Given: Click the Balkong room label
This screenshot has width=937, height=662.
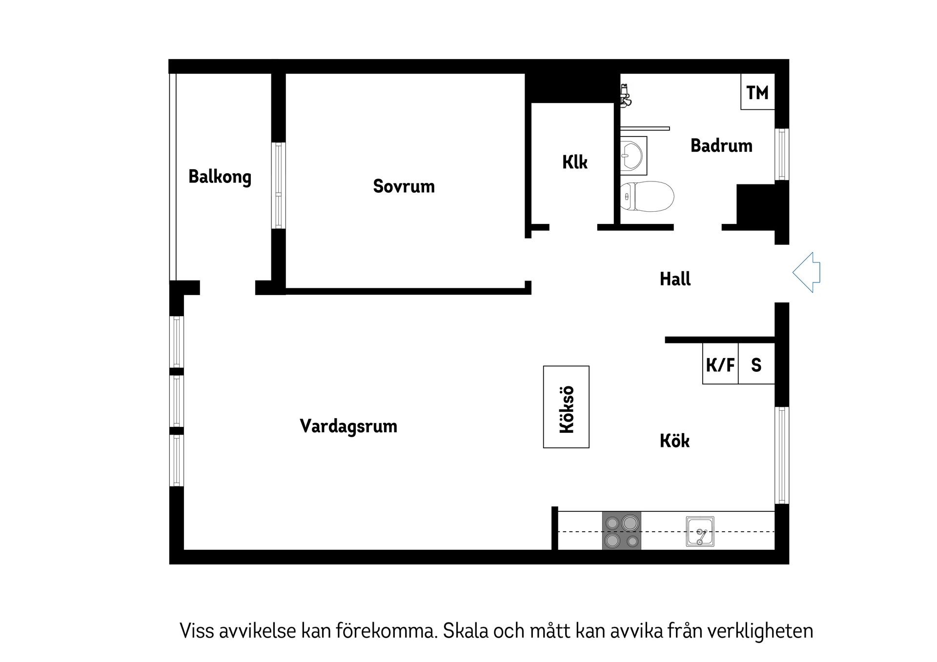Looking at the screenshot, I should pos(220,177).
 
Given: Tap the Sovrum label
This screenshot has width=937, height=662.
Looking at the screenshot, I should pos(404,186).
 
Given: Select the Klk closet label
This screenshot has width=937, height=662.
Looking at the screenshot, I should pos(574,162).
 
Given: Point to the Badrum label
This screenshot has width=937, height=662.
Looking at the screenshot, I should pos(721,146).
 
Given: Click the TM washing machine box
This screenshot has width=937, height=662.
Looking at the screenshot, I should pos(757,92).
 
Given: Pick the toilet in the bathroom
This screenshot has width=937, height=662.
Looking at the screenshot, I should pos(646,197).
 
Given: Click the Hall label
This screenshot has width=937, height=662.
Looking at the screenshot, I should pos(675,279).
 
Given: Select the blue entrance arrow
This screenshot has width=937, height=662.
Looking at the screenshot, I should pos(807,272).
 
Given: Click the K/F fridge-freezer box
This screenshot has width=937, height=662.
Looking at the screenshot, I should pos(720,364).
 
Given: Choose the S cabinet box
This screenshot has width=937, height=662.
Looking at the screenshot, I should pos(756,364).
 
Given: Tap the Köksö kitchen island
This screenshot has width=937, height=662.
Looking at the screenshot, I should pos(566,407).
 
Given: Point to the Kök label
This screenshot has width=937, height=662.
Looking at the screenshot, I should pos(674,441).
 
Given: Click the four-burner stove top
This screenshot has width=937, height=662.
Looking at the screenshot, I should pos(621,531).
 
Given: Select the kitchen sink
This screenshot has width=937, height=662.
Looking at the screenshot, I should pos(700,531).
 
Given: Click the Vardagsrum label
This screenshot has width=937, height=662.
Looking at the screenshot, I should pos(348,426).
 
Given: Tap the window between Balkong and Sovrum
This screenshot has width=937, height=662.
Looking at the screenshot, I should pos(278,185).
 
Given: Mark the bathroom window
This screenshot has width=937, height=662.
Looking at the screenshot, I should pos(782,154).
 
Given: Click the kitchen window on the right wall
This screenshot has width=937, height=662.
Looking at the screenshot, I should pos(782,455).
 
